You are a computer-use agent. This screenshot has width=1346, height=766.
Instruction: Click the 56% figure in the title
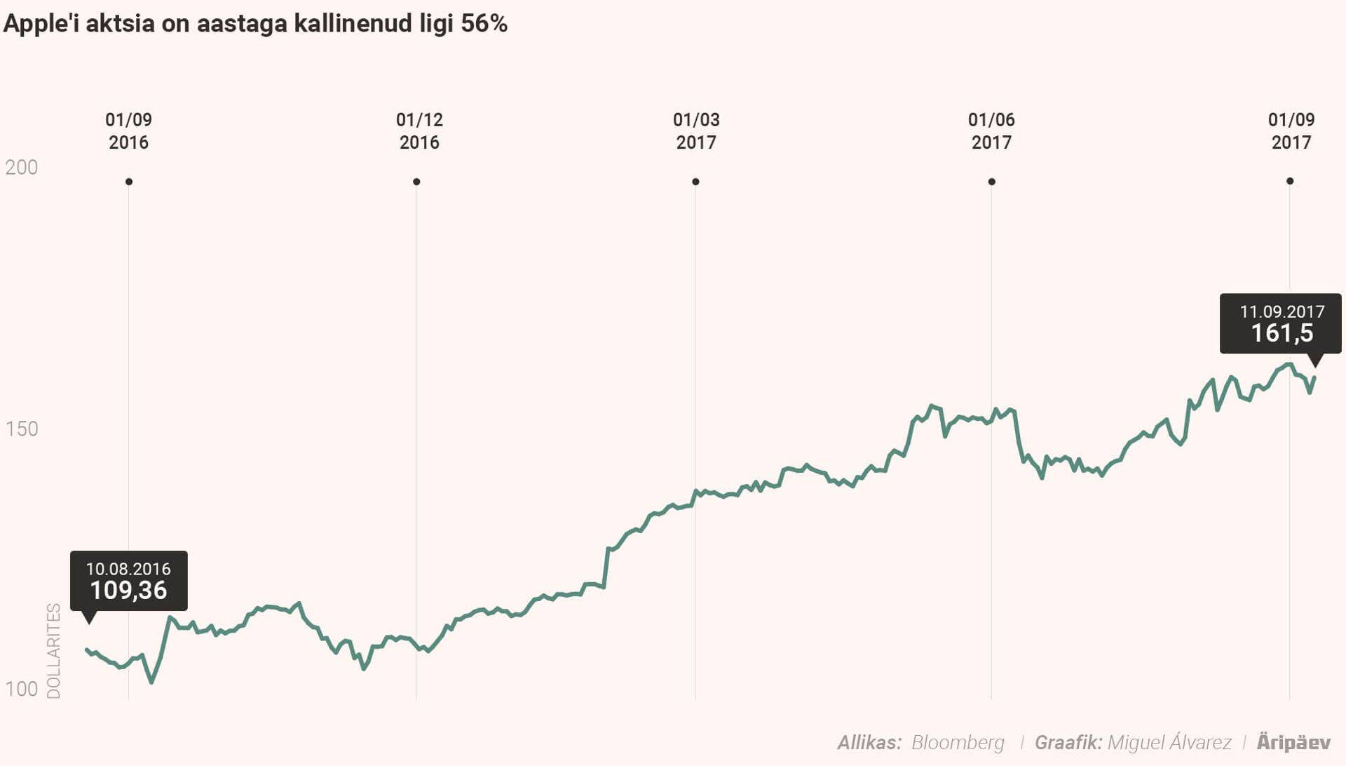coord(484,23)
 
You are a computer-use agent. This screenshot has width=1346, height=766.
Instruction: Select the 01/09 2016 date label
coord(128,131)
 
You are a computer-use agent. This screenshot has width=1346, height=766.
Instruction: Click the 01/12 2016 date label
coord(419,131)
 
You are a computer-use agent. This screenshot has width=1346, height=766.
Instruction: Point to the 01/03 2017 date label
coord(696,131)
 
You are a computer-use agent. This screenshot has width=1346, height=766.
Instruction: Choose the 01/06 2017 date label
coord(991,131)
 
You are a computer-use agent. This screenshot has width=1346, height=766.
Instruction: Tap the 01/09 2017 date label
coord(1291,131)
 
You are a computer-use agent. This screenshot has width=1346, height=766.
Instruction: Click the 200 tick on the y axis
coord(22,167)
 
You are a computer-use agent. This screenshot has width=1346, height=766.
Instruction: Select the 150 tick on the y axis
coord(22,429)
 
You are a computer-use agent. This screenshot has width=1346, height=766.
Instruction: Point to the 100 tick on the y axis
coord(22,689)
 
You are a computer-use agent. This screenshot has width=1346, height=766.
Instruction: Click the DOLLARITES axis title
coord(54,651)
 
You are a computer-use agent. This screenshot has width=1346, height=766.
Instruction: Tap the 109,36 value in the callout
coord(128,591)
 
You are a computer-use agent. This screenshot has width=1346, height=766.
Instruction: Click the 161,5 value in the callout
coord(1282,333)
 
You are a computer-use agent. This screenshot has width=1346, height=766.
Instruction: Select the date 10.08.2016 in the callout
coord(128,569)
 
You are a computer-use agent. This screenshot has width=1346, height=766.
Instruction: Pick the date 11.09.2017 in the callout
coord(1282,311)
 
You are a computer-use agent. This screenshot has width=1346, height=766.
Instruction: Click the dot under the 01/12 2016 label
coord(416,182)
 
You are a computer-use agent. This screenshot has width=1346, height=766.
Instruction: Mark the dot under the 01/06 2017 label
coord(991,182)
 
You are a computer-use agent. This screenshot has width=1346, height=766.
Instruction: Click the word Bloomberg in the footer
coord(958,742)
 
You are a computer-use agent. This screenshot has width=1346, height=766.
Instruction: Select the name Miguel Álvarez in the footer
coord(1169,742)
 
